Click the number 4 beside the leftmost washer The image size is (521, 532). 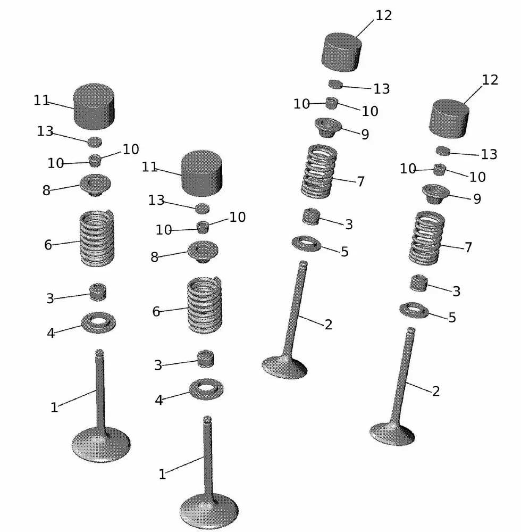click(x=51, y=334)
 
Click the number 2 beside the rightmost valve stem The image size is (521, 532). click(x=436, y=392)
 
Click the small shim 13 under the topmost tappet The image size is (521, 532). click(x=335, y=84)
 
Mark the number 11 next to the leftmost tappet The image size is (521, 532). click(x=41, y=100)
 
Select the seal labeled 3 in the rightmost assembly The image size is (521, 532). click(x=419, y=282)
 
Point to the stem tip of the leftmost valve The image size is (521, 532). click(x=99, y=352)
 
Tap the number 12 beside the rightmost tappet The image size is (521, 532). click(x=490, y=80)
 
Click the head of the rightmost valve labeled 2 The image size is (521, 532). click(x=392, y=433)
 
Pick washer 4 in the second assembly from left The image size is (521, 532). click(x=206, y=388)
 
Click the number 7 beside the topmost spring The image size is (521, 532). click(x=361, y=182)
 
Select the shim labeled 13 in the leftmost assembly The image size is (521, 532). click(x=95, y=142)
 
